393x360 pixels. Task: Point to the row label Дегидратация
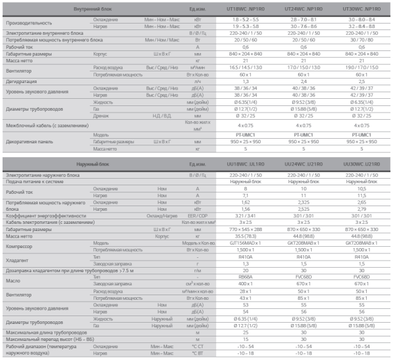[x=22, y=81]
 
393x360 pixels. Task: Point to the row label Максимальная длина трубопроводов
[x=48, y=333]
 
